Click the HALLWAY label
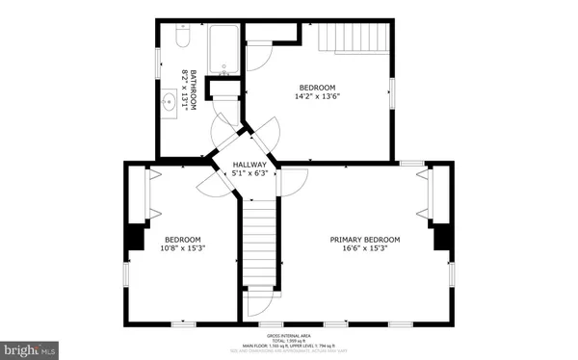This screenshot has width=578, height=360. (x=250, y=165)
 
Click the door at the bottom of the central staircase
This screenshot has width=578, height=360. (x=258, y=302)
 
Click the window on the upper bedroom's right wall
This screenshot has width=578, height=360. (x=392, y=90)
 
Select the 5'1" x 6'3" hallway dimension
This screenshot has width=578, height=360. (x=250, y=174)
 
